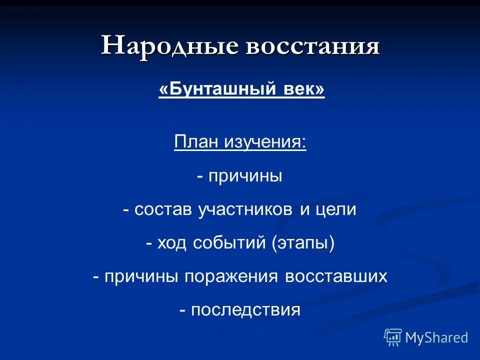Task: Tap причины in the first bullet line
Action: (x=245, y=176)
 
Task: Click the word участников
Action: (x=245, y=209)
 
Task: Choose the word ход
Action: (x=171, y=243)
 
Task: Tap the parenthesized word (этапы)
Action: (x=303, y=243)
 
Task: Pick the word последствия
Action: (x=245, y=310)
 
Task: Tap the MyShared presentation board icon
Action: (x=393, y=337)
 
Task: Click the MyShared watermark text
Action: (x=436, y=337)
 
